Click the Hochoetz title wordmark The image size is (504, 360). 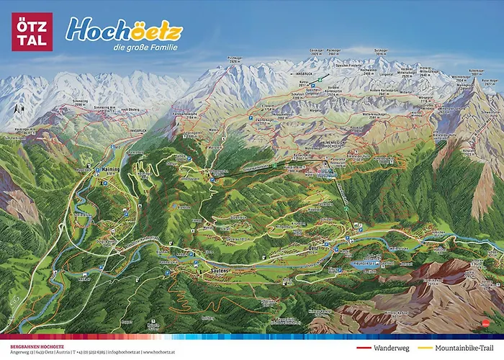(x=124, y=30)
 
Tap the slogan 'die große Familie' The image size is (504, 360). (x=145, y=48)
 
